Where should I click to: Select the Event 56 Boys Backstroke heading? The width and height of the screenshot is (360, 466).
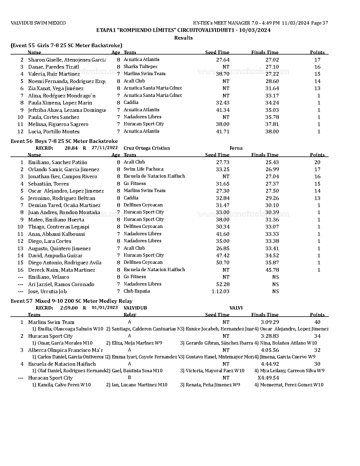coord(64,141)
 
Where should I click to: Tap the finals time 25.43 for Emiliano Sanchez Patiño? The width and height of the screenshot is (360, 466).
coord(272,162)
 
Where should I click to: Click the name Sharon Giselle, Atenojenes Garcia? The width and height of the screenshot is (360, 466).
coord(67,60)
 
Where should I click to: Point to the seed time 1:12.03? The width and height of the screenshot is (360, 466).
coord(220,291)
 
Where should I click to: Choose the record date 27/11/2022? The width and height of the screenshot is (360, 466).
coord(104,148)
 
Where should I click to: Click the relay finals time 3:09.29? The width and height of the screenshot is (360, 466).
coord(270,322)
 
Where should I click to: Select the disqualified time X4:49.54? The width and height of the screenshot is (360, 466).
coord(268,378)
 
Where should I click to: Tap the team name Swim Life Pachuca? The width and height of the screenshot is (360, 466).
coord(143,169)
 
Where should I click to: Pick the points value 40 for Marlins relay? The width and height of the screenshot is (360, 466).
coord(317,322)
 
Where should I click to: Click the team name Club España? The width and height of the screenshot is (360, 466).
coord(137,291)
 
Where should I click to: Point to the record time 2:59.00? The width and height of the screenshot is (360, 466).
coord(69,308)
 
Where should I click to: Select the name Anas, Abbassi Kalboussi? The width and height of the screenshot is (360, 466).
coord(56,234)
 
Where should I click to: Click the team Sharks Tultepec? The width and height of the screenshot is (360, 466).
coord(141,67)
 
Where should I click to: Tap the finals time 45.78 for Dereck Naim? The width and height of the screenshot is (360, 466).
coord(272,270)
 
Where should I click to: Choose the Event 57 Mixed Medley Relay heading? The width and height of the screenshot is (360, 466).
coord(71,301)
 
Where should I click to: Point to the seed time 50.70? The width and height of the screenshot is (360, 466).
coord(222,263)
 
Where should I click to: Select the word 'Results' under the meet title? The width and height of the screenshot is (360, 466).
coord(183,38)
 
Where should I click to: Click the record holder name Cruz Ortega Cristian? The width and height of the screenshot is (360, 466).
coord(147,148)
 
